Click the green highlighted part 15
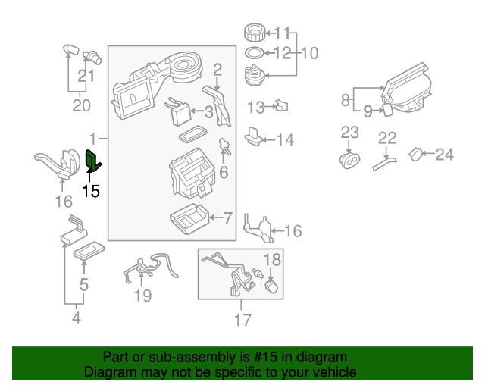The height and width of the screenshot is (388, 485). (x=94, y=162)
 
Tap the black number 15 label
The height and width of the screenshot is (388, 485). (x=90, y=191)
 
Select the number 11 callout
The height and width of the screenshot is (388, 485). (x=282, y=33)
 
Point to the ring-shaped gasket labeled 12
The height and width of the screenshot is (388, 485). (x=255, y=53)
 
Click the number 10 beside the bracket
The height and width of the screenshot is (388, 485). (x=311, y=54)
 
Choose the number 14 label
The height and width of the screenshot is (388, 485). (x=284, y=139)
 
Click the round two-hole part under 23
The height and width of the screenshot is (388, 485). (x=349, y=161)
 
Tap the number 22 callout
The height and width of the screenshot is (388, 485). (x=387, y=138)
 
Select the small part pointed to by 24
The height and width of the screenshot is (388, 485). (x=416, y=155)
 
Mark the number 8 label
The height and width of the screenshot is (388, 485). (x=346, y=99)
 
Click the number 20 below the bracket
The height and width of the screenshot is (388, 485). (x=81, y=105)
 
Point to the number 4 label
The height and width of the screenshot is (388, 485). (x=76, y=318)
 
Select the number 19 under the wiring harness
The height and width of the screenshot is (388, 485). (x=143, y=296)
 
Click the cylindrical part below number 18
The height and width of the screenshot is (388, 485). (x=272, y=288)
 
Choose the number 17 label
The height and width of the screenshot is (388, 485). (x=242, y=321)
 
